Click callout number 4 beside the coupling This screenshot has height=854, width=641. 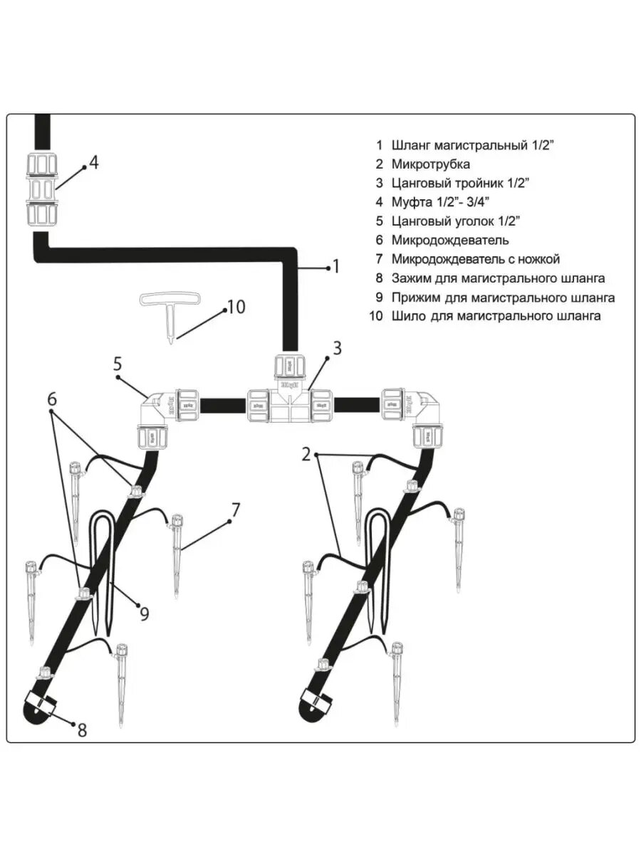pyautogui.click(x=94, y=162)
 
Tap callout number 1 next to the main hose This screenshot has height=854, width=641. pyautogui.click(x=336, y=266)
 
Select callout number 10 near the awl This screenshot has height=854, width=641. pyautogui.click(x=235, y=307)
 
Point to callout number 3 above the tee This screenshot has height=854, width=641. pyautogui.click(x=337, y=348)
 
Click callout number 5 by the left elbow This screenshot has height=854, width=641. pyautogui.click(x=118, y=364)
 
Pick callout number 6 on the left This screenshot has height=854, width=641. pyautogui.click(x=52, y=399)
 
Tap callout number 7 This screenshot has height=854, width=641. pyautogui.click(x=236, y=509)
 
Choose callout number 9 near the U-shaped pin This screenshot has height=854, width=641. pyautogui.click(x=145, y=613)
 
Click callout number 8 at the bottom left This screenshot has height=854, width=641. pyautogui.click(x=82, y=729)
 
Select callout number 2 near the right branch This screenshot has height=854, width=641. pyautogui.click(x=306, y=453)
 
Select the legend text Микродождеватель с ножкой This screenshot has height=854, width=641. pyautogui.click(x=475, y=259)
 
